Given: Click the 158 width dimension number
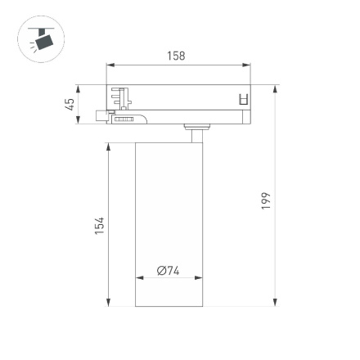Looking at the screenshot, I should (175, 56).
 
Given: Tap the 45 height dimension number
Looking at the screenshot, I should (70, 104).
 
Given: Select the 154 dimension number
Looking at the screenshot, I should (99, 224).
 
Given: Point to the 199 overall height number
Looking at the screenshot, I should (265, 200).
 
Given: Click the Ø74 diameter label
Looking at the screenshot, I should (168, 271).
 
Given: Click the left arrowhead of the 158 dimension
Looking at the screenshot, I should (110, 66).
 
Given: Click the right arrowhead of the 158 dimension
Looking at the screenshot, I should (248, 66).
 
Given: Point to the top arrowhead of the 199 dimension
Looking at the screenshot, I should (274, 88).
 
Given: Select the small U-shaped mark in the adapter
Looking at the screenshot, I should (241, 99).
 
